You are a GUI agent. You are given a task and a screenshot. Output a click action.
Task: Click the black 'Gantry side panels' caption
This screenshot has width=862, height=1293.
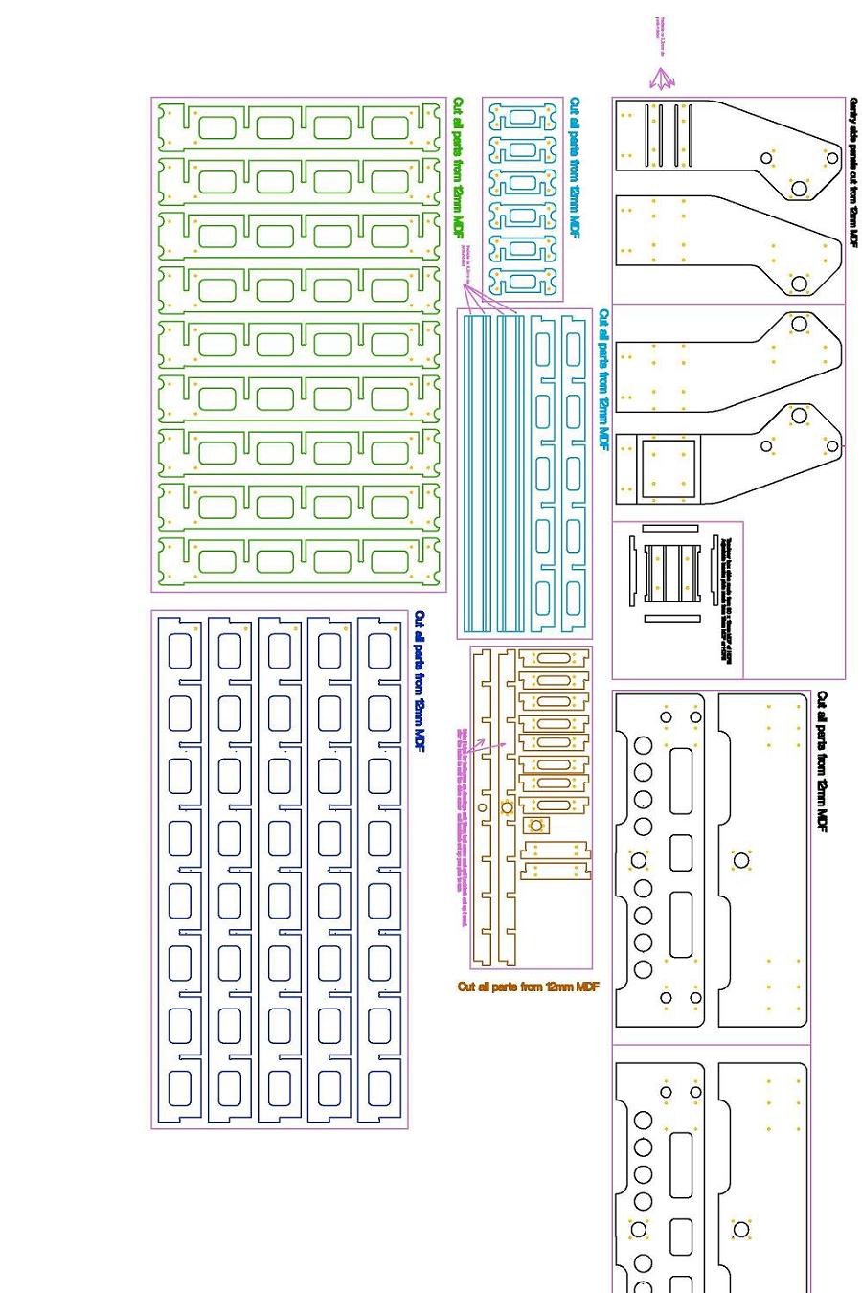pyautogui.click(x=853, y=172)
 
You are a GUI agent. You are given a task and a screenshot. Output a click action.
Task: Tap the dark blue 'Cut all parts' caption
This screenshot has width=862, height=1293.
pyautogui.click(x=420, y=681)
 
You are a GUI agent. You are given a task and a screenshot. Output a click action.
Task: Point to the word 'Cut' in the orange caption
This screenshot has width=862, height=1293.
pyautogui.click(x=466, y=987)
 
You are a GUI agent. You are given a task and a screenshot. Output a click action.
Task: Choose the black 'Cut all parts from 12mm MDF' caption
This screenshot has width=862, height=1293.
pyautogui.click(x=822, y=761)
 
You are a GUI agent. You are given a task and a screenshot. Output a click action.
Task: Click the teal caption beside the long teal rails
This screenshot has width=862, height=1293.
pyautogui.click(x=603, y=378)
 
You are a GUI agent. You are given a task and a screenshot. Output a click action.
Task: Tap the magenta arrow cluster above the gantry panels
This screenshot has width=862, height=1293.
pyautogui.click(x=662, y=80)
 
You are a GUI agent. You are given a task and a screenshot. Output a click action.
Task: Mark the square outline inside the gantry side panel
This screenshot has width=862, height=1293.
pyautogui.click(x=668, y=468)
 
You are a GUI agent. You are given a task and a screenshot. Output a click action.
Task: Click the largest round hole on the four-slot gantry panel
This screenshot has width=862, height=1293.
pyautogui.click(x=799, y=189)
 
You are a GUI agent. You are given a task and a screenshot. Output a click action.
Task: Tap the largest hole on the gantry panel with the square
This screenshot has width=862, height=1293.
pyautogui.click(x=799, y=417)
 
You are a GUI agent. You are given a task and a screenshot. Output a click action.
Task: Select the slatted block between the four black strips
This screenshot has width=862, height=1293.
pyautogui.click(x=671, y=572)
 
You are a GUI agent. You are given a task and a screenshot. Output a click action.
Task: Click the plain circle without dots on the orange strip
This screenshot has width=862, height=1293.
pyautogui.click(x=483, y=807)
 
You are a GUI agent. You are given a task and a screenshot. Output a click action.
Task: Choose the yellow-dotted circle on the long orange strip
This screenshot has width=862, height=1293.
pyautogui.click(x=507, y=807)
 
